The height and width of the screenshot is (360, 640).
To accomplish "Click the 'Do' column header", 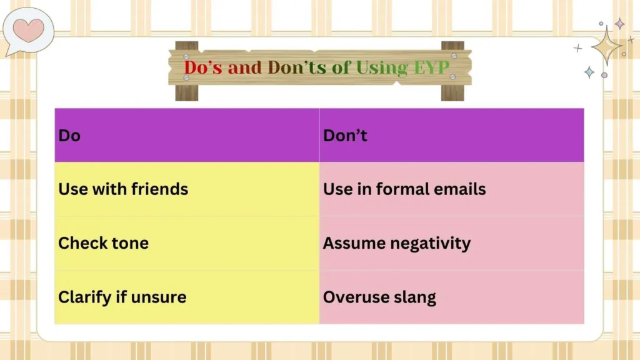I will tap(69, 135).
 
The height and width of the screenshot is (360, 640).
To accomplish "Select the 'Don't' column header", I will tap(345, 135).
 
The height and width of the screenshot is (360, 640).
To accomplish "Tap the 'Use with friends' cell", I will tap(123, 189).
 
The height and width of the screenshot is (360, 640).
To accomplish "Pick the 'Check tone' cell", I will tap(103, 243).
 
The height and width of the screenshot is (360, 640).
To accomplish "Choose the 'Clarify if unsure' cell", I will tap(122, 297).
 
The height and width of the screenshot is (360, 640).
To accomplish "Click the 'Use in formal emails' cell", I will tap(404, 189).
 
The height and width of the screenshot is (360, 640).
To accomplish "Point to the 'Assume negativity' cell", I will tap(396, 243).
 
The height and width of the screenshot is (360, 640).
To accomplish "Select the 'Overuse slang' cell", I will tap(379, 297).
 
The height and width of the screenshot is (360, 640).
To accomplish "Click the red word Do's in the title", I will tap(203, 67).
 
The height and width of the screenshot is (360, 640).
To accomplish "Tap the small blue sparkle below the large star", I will tap(589, 72).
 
